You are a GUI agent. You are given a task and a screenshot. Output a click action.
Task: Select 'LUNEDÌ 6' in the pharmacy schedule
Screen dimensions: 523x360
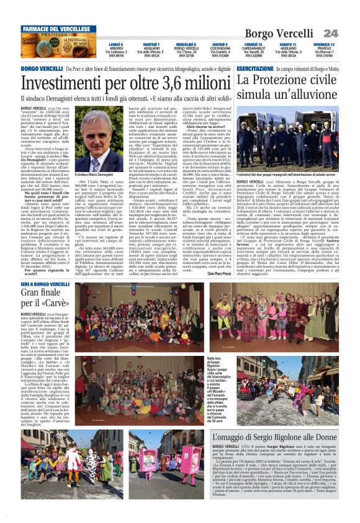(x=115, y=44)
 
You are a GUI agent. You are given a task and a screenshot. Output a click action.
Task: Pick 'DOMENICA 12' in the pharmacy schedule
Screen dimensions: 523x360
(x=323, y=44)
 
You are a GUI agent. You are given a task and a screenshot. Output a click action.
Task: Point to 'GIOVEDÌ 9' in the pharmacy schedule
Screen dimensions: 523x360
(x=218, y=44)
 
